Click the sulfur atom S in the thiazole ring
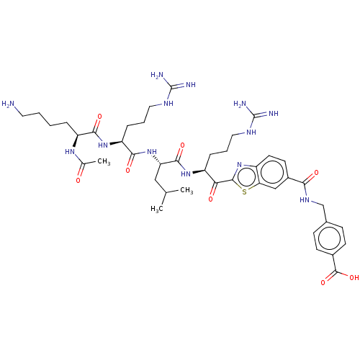pos(244,192)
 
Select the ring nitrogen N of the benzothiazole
pos(239,165)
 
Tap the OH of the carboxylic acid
pos(354,278)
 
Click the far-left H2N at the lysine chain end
pos(8,104)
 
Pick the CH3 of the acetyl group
pos(104,162)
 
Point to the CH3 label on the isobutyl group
pos(186,191)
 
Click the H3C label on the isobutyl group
pos(157,209)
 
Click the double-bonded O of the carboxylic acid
pos(323,282)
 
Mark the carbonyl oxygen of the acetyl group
pos(78,181)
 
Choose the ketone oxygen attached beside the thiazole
pos(211,199)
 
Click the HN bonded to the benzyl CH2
pos(305,199)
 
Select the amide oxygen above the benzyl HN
pos(316,173)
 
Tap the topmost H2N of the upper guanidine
pos(157,75)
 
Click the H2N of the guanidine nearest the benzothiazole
pos(240,104)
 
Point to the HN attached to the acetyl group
pos(70,152)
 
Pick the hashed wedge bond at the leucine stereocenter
pos(156,160)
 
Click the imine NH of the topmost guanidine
pos(191,84)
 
